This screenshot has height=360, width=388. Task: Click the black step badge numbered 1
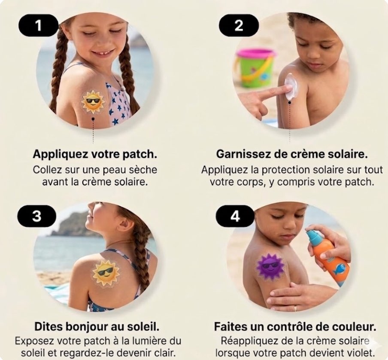pyautogui.click(x=38, y=25)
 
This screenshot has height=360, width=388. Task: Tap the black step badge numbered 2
pyautogui.click(x=239, y=25)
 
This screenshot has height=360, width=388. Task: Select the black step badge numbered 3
pyautogui.click(x=36, y=216)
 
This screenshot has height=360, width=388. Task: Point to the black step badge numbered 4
pyautogui.click(x=235, y=216)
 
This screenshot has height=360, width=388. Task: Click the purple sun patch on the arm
pyautogui.click(x=270, y=265)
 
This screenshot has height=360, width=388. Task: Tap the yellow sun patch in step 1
pyautogui.click(x=93, y=102)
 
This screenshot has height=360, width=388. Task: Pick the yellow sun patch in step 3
pyautogui.click(x=106, y=273)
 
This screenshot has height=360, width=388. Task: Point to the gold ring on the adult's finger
pyautogui.click(x=295, y=308)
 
